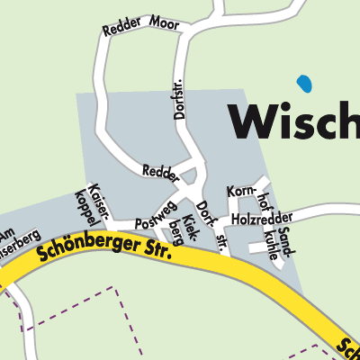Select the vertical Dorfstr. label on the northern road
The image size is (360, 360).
177,99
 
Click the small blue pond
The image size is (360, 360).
305,84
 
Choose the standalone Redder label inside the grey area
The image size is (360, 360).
159,169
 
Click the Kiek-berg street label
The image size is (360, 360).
183,229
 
